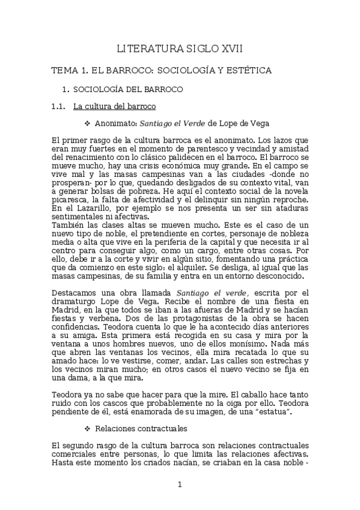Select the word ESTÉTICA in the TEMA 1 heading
(247, 70)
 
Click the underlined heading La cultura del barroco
(114, 106)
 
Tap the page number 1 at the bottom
(180, 484)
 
